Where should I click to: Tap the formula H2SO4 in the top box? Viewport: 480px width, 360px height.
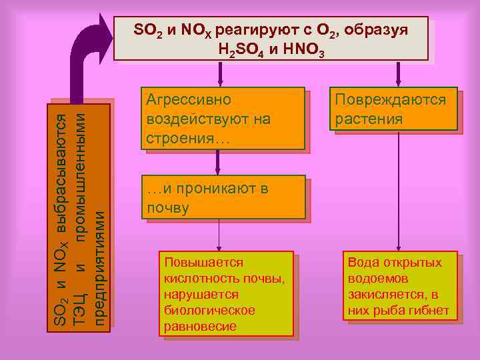[x=243, y=49]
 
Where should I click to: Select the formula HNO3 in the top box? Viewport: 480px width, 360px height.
[x=303, y=49]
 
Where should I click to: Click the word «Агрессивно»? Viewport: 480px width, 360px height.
[x=189, y=101]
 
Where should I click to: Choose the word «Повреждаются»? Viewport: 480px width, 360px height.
[x=391, y=101]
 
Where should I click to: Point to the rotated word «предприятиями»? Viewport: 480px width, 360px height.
[x=99, y=267]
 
